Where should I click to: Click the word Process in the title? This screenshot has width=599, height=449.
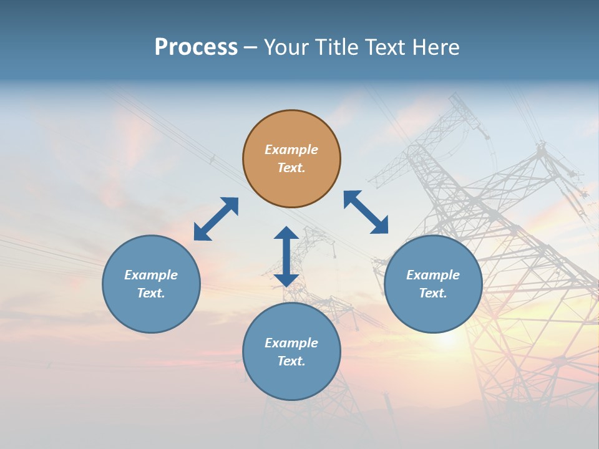tap(196, 47)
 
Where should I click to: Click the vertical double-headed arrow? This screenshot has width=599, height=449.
tap(286, 256)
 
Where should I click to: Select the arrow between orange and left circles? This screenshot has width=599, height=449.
tap(216, 219)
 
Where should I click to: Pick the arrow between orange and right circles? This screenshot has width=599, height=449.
tap(366, 212)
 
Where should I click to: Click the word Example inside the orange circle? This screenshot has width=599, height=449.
tap(291, 150)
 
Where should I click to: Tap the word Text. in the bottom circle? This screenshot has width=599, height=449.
tap(291, 361)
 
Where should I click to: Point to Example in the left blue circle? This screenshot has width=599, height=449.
tap(151, 275)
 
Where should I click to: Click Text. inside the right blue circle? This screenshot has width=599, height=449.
tap(433, 293)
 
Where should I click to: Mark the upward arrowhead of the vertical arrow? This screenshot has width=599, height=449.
tap(286, 233)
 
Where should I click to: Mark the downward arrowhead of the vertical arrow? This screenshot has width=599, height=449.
tap(286, 279)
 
